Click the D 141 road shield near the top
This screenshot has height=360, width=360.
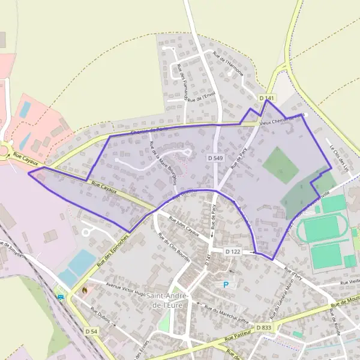coord(268,98)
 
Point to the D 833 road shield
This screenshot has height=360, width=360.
coord(263,328)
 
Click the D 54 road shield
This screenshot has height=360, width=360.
coord(91,331)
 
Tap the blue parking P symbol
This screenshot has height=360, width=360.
coord(226,284)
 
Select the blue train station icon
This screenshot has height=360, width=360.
coord(60,296)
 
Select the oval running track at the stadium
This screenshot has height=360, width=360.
coord(325,229)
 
